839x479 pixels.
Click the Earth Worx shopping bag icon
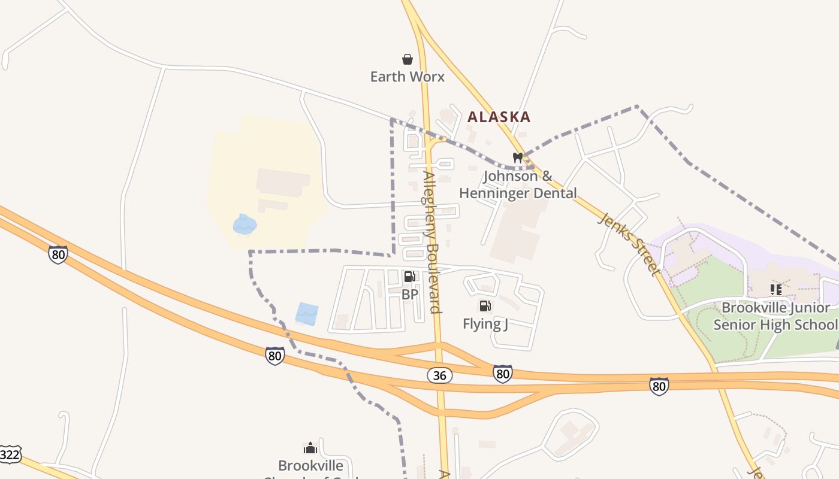coord(408,59)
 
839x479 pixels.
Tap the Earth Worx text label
coord(408,77)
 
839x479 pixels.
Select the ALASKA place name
coord(499,117)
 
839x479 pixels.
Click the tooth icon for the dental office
coord(518,158)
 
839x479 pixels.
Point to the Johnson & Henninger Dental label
coord(518,184)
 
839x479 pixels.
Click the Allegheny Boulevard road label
coord(433,242)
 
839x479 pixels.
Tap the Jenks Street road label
coord(630,244)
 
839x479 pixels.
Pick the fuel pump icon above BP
coord(410,277)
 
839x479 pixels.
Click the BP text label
coord(410,295)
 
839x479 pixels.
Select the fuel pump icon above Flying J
coord(485,307)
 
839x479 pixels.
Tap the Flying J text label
coord(485,324)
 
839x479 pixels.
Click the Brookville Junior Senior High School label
coord(775,316)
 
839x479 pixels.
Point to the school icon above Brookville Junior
coord(776,290)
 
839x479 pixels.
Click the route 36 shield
coord(440,375)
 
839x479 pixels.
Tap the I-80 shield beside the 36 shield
coord(503,374)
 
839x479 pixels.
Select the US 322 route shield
coord(10,454)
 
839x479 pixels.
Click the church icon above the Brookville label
coord(310,448)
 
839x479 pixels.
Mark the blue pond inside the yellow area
coord(245,224)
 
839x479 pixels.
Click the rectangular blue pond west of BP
coord(307,314)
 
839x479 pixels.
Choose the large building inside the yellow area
coord(283,183)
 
